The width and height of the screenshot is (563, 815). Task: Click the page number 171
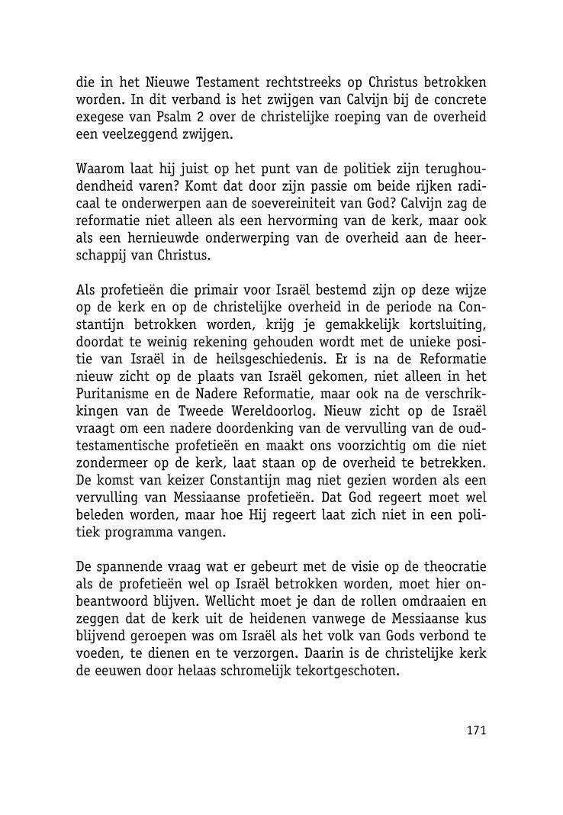point(476,730)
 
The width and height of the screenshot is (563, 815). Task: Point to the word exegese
point(101,118)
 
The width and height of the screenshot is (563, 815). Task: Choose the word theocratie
point(451,568)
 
